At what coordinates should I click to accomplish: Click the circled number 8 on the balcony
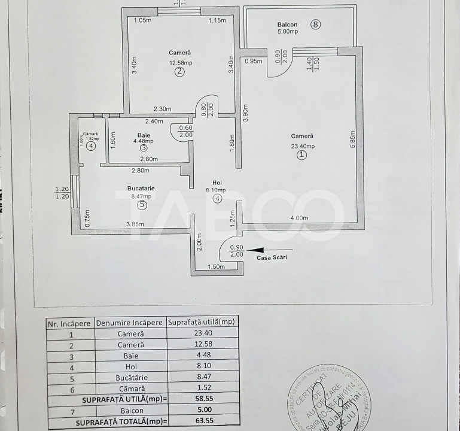coord(316,25)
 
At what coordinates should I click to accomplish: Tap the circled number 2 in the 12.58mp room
coord(179,72)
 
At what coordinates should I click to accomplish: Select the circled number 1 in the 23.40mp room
coord(302,155)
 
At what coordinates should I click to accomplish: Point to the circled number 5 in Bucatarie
coord(142,205)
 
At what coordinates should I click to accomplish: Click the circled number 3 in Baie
coord(144,148)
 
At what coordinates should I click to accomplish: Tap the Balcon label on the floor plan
coord(287,25)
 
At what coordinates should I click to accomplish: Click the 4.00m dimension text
coord(299,218)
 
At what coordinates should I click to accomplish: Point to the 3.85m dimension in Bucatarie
coord(135,224)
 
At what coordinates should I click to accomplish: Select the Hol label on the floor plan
coord(217,183)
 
